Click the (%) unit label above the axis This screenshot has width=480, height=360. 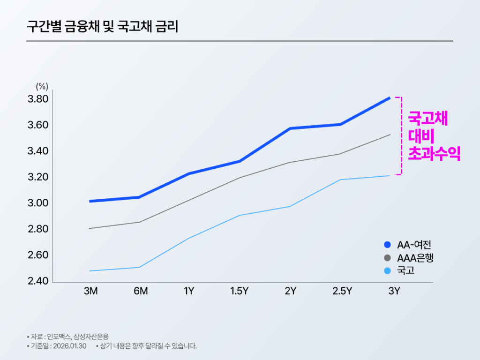coord(42,86)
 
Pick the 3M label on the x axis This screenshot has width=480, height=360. coord(90,291)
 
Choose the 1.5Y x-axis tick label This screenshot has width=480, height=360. coord(239,291)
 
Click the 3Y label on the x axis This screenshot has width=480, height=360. coord(394,291)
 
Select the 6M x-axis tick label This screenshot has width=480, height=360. coord(141,291)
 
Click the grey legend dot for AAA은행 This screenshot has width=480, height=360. coord(387,258)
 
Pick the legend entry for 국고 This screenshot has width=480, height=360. coord(405,270)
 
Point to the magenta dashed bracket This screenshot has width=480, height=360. coord(400,136)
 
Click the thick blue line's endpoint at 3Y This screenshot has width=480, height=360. coord(390,97)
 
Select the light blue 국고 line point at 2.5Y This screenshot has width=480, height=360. coord(340,180)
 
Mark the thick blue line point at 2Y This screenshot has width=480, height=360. coord(291,128)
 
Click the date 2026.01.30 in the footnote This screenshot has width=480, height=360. coord(70,346)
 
